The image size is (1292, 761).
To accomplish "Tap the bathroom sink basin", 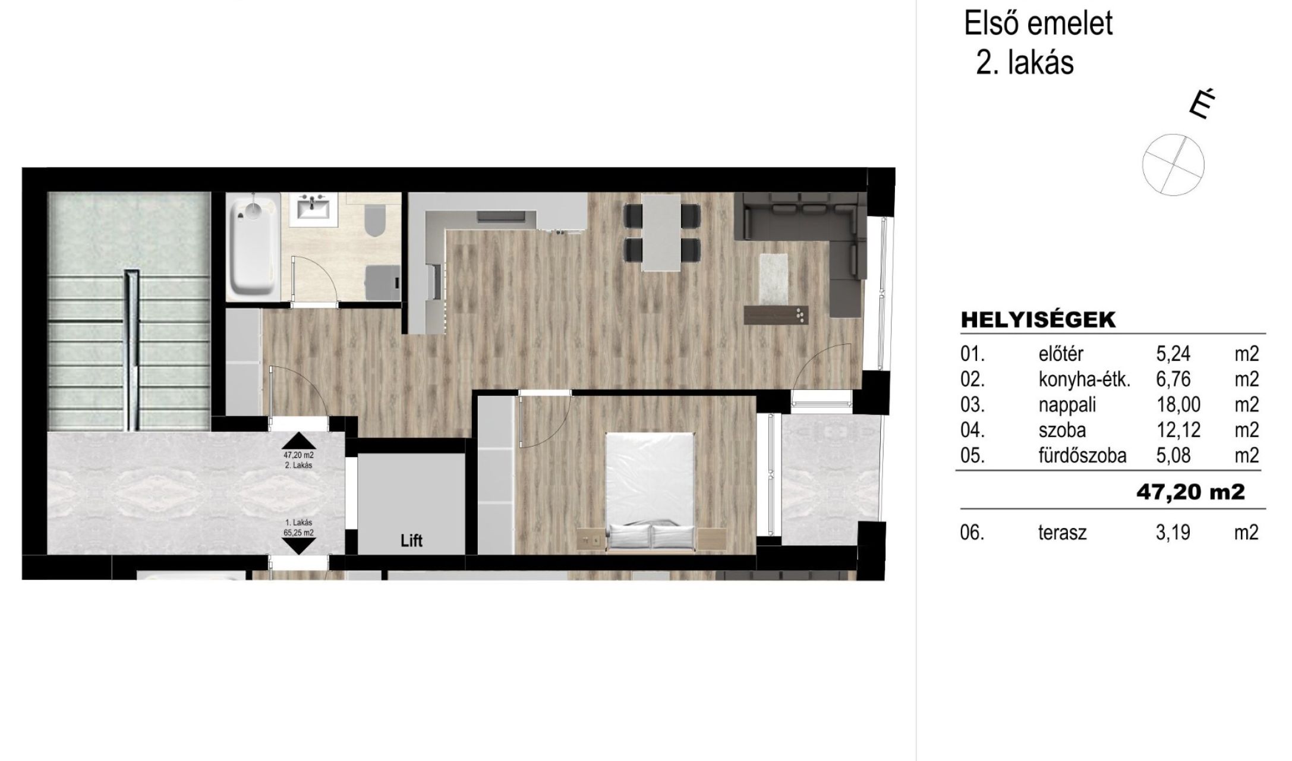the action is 313,209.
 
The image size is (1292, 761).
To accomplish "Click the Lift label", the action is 411,541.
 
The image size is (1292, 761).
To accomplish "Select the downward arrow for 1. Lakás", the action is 299,546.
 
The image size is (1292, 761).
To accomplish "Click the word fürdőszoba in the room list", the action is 1082,456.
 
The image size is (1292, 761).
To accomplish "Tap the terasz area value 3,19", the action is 1173,533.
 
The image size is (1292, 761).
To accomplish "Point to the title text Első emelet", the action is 1038,24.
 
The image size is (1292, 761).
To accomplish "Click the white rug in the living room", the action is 774,278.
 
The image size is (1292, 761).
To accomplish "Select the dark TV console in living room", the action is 777,315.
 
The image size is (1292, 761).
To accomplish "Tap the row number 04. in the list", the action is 972,430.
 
